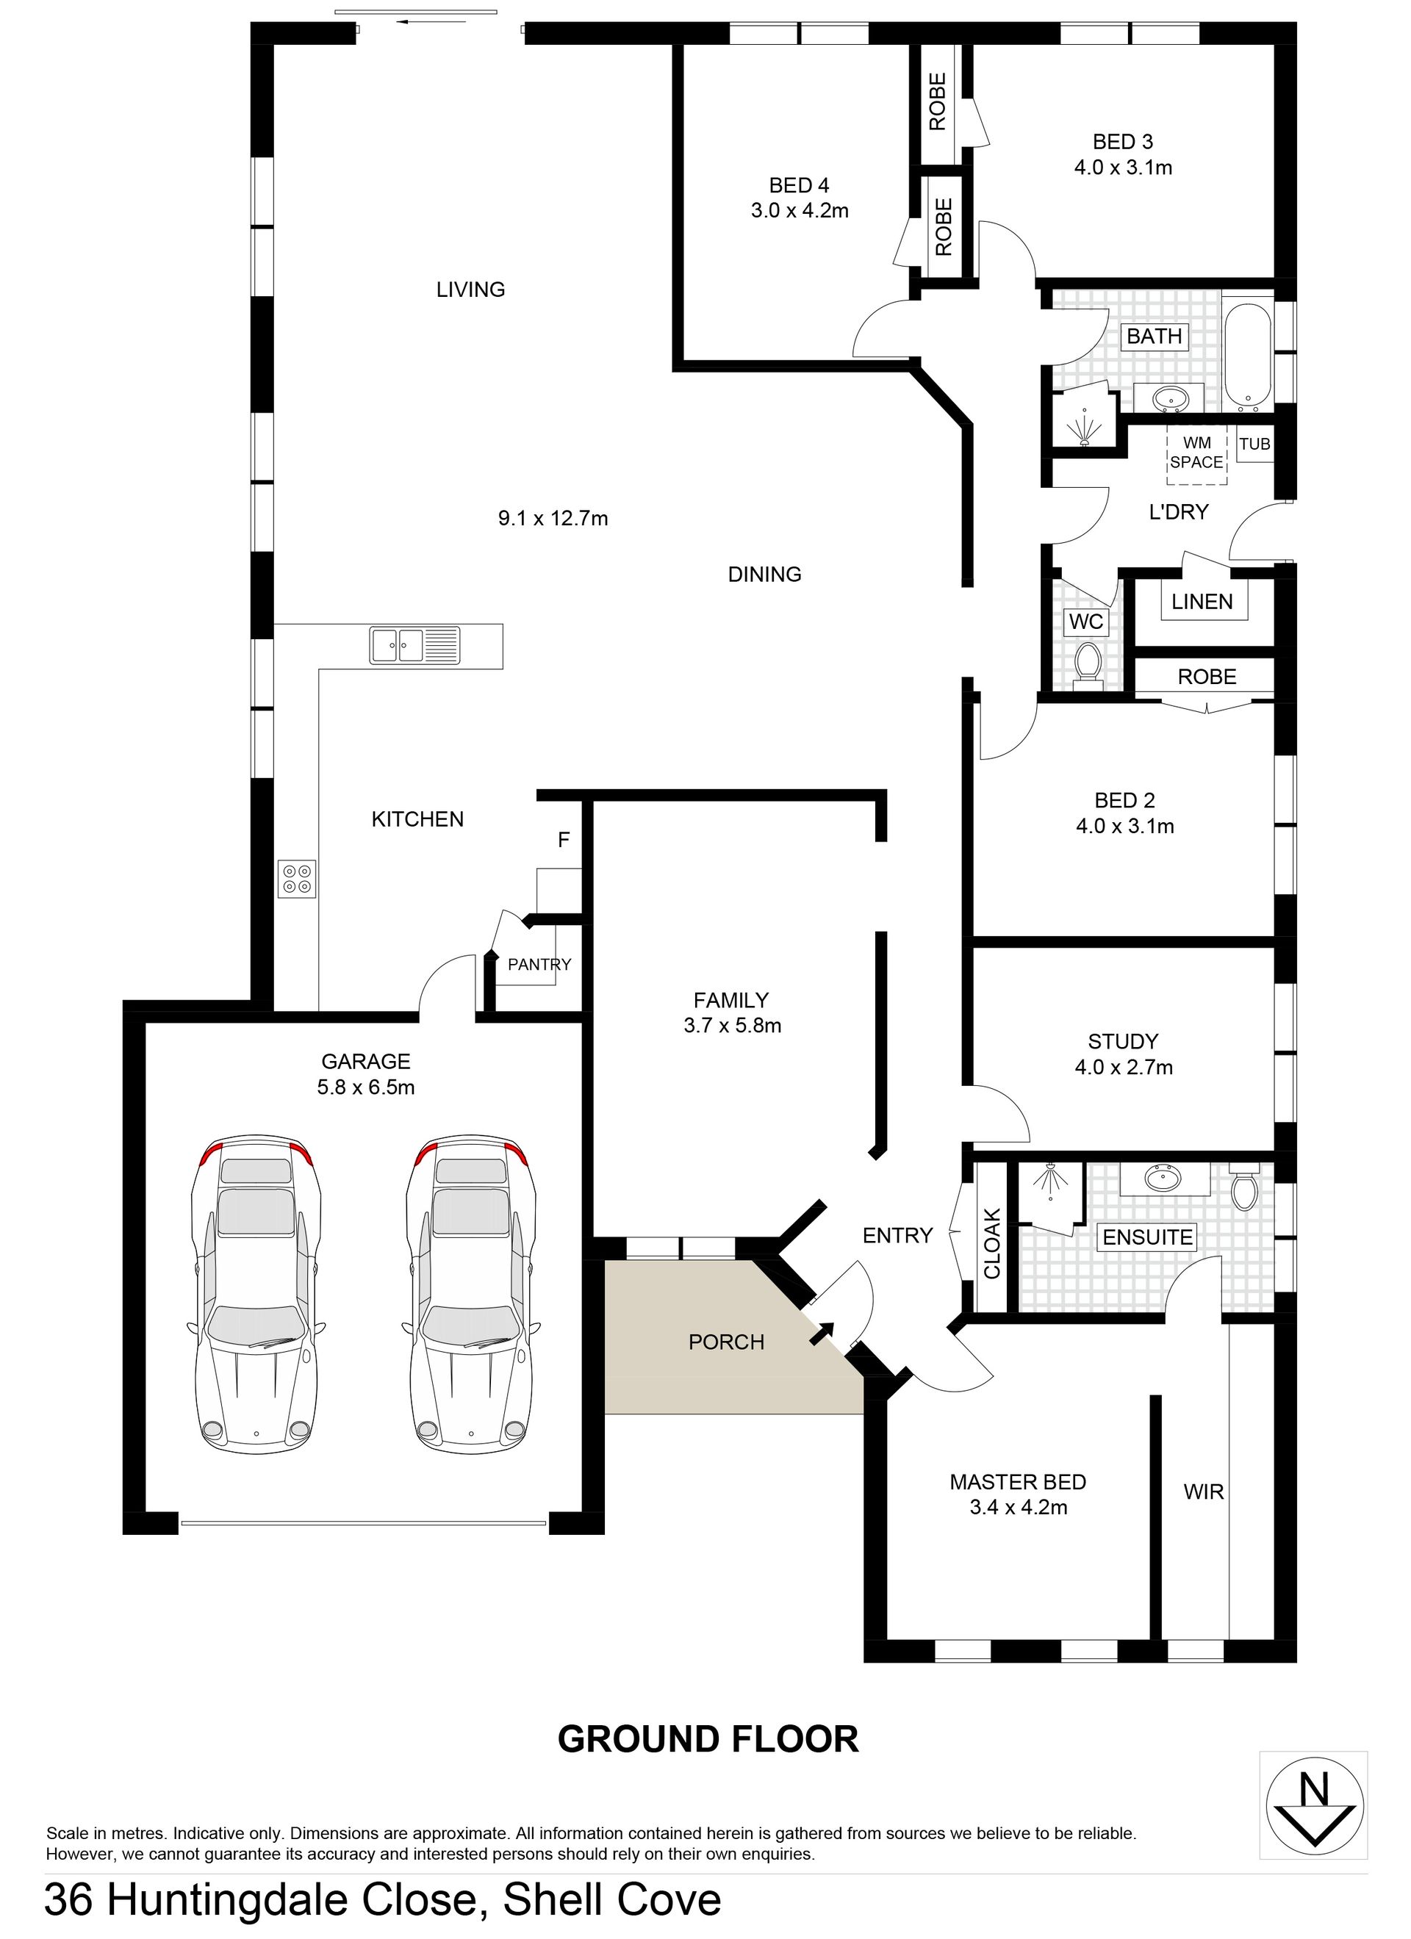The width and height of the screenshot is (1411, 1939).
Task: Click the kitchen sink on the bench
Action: pos(414,646)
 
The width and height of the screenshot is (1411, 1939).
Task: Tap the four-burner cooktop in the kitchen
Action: pos(296,878)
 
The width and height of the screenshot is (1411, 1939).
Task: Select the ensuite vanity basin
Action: pos(1164,1180)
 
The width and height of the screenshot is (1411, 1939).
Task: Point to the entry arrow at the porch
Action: pos(822,1332)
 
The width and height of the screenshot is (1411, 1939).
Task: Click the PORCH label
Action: pos(726,1342)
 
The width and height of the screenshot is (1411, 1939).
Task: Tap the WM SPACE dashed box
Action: pos(1196,453)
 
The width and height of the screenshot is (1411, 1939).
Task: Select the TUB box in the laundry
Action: pos(1254,444)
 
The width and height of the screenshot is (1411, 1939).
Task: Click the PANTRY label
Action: pos(539,965)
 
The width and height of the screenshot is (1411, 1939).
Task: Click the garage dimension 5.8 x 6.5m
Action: pos(366,1087)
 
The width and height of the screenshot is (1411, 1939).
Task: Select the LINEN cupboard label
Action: pos(1202,602)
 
